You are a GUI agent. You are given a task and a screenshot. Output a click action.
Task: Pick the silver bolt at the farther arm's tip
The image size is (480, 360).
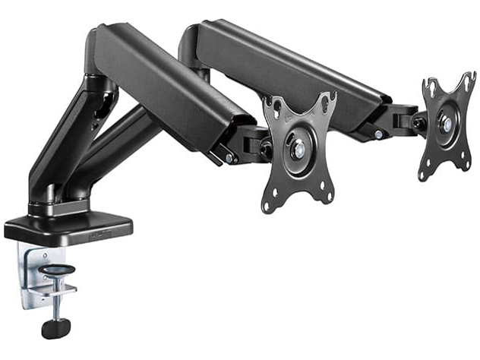click(x=377, y=134)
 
